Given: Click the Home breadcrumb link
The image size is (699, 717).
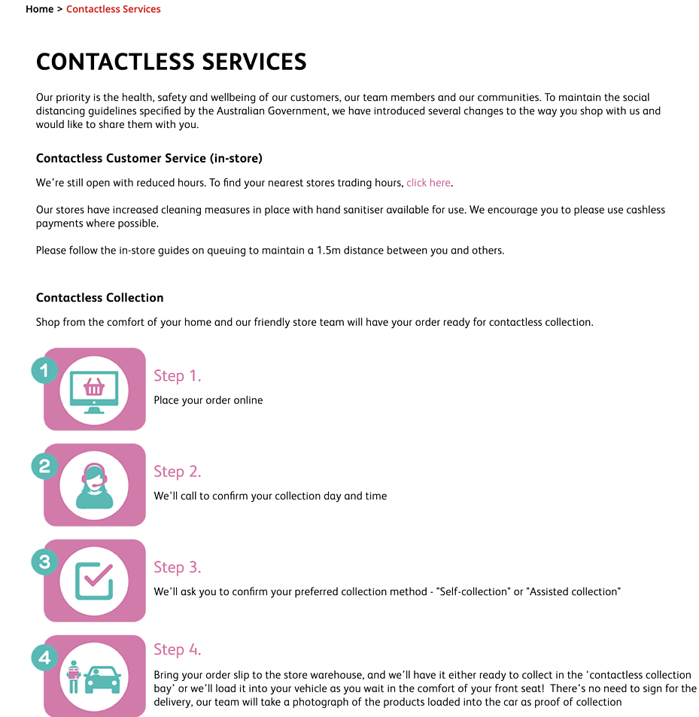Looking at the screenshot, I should (x=39, y=9).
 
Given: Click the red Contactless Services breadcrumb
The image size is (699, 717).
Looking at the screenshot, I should (x=113, y=9).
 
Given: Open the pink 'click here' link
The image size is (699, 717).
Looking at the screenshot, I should (x=428, y=183).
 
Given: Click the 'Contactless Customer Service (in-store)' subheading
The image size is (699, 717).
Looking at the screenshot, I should (x=149, y=158).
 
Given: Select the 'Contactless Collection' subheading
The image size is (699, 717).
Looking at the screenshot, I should (x=99, y=297).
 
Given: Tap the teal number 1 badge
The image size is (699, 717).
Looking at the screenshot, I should (x=44, y=370).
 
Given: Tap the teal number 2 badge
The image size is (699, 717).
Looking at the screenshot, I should (x=44, y=466).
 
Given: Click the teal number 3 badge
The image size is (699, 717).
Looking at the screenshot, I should (x=44, y=561).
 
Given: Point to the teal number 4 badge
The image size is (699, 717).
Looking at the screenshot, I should (x=44, y=658).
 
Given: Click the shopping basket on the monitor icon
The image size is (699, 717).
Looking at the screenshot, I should (x=94, y=387).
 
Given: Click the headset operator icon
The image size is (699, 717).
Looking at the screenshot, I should (x=94, y=486).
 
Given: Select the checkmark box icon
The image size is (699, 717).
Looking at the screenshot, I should (x=94, y=581).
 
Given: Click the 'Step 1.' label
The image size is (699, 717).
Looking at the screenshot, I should (x=178, y=375).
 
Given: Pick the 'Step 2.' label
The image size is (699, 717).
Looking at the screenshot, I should (x=178, y=471).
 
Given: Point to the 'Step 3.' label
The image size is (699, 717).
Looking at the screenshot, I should (x=178, y=567).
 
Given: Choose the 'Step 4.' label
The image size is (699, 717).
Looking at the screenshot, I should (x=178, y=649).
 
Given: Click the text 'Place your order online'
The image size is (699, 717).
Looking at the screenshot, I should (x=208, y=400).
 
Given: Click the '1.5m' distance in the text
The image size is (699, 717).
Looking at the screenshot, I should (x=329, y=251).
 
